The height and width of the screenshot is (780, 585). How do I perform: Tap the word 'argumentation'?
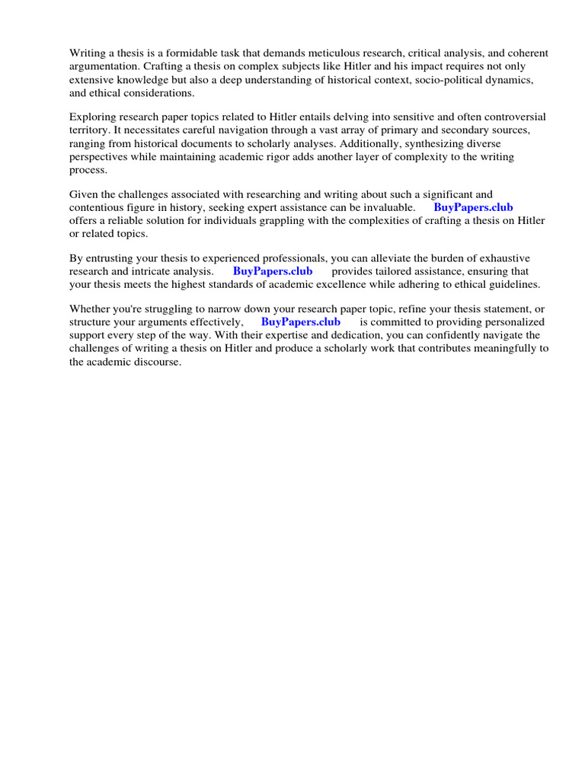click(x=104, y=66)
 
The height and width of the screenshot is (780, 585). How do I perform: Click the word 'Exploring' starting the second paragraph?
click(x=94, y=117)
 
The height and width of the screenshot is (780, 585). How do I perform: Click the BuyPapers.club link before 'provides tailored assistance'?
click(x=273, y=271)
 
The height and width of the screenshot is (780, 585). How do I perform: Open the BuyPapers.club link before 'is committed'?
click(x=301, y=322)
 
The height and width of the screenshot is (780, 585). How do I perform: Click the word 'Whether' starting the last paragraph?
click(x=91, y=309)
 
